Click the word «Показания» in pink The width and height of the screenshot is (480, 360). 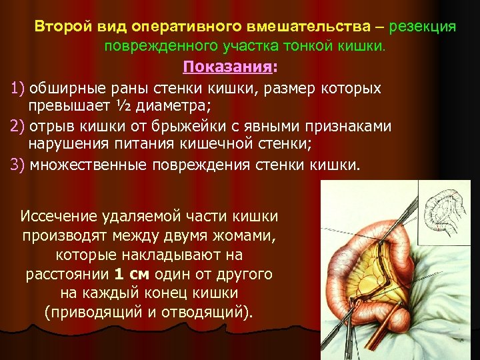point(227,67)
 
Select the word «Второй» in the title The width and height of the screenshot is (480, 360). point(57,27)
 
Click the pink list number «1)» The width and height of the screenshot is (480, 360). point(17,89)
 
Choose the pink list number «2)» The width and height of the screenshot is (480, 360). point(17,127)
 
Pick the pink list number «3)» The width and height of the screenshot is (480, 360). point(17,165)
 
